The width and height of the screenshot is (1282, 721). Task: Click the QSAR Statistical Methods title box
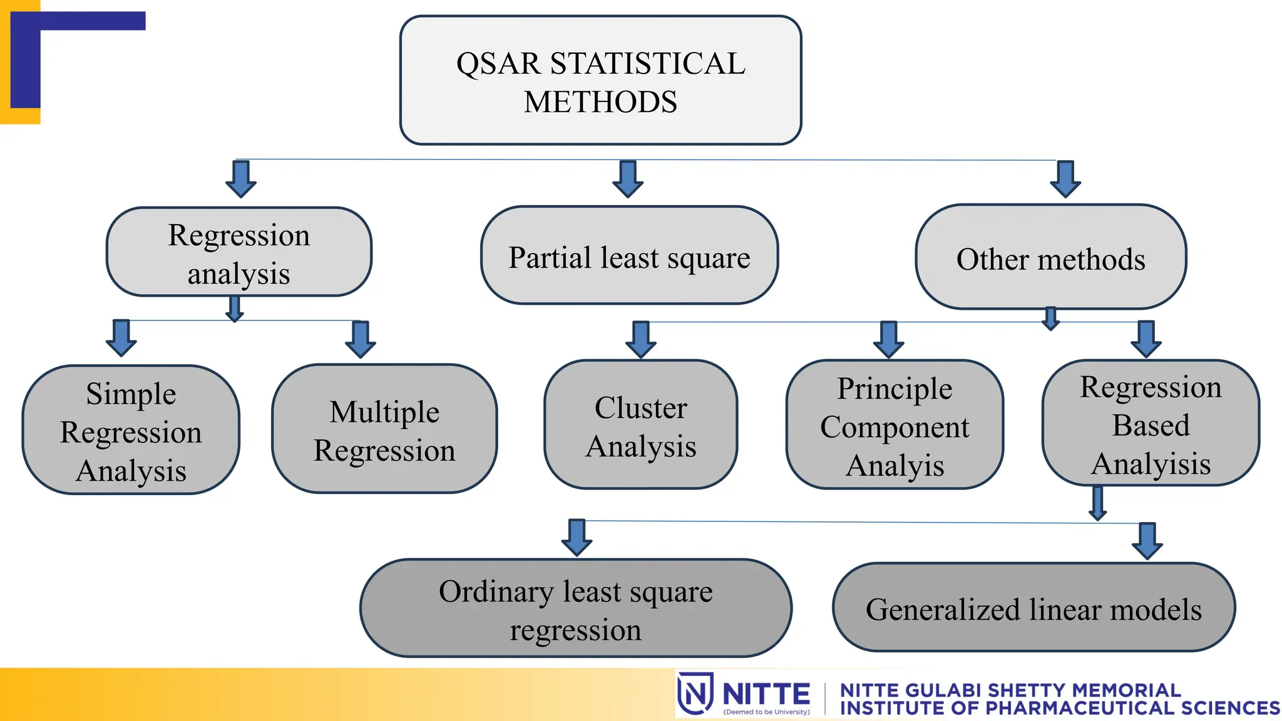600,81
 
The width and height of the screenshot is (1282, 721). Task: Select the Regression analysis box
238,252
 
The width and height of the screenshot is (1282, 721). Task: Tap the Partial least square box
629,255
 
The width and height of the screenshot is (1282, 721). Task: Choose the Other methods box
1050,257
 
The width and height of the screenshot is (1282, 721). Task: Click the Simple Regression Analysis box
131,430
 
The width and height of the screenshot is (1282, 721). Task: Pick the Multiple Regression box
384,429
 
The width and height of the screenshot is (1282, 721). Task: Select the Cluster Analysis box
640,424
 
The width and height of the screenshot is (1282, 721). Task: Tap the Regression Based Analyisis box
1151,423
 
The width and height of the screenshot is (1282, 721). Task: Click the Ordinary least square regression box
575,608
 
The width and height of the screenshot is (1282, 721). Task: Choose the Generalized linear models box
1033,608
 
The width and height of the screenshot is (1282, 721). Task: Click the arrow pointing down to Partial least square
628,179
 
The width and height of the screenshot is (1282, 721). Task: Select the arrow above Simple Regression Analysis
121,338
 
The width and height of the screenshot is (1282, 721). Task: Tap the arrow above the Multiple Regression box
361,339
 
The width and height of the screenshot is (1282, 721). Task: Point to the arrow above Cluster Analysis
641,339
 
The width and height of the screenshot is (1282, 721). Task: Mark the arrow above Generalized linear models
1147,541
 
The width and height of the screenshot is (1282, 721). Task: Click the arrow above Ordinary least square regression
577,537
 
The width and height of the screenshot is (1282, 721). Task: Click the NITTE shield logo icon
695,693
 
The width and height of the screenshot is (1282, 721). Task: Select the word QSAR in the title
498,64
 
